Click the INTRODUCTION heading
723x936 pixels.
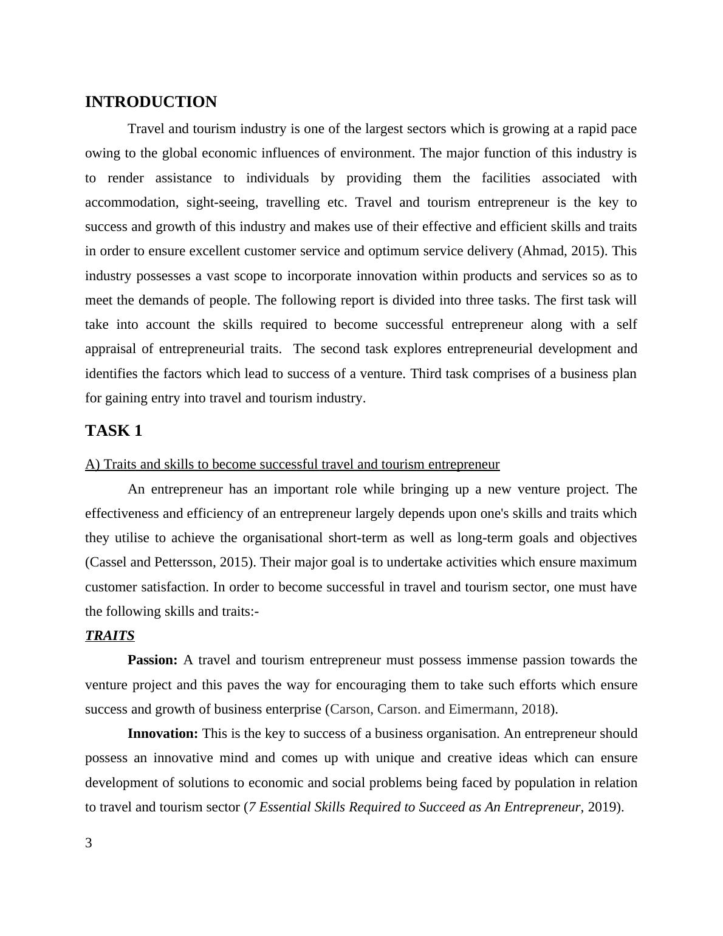click(x=151, y=102)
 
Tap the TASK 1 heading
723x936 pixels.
click(x=114, y=431)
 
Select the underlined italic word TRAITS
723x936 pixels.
click(x=109, y=636)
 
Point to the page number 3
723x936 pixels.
click(x=89, y=843)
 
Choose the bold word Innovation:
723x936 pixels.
click(x=163, y=734)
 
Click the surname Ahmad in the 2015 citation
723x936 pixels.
click(x=541, y=251)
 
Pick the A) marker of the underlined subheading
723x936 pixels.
click(x=92, y=464)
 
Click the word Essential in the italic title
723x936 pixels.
click(x=287, y=807)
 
